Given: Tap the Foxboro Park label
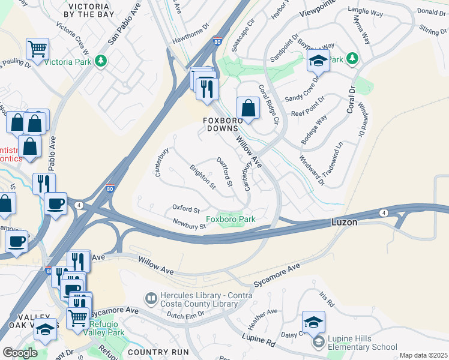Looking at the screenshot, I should [x=231, y=219].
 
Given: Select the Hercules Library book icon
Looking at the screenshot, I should [x=151, y=298].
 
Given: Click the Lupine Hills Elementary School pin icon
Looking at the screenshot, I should [x=318, y=343].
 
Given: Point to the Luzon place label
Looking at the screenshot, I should [x=345, y=222].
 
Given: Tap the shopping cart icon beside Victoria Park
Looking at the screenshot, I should [x=37, y=49].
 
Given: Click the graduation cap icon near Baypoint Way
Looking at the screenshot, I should [x=318, y=61].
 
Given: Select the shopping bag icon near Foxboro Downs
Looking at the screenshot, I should [x=248, y=109].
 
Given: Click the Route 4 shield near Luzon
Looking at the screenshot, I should [x=383, y=212].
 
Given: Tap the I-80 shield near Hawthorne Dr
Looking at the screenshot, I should [x=217, y=40].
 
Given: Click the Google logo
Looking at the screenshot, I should [x=20, y=353].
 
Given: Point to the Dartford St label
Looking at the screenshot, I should [x=224, y=172].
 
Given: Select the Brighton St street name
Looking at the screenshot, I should [x=203, y=178].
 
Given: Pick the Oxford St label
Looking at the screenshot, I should [x=186, y=209].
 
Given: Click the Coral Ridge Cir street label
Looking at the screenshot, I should [x=269, y=104].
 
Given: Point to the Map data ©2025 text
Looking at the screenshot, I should [x=423, y=355].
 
